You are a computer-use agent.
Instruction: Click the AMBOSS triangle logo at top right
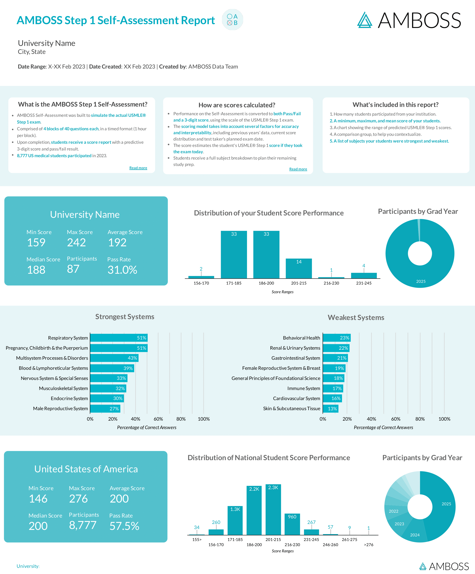click(365, 20)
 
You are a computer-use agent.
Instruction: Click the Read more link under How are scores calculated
click(298, 169)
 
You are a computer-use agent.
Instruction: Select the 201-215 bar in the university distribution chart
click(299, 268)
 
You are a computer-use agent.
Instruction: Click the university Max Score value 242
click(77, 243)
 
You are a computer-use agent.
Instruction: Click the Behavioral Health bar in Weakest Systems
click(336, 338)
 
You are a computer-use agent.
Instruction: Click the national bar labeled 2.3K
click(273, 510)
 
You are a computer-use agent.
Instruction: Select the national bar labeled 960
click(292, 524)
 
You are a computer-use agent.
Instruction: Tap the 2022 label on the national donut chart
click(393, 511)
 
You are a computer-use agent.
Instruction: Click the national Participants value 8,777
click(82, 525)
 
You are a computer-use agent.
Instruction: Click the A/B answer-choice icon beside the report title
click(232, 20)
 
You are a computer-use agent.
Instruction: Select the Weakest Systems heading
click(356, 317)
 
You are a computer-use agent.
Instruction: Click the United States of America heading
click(86, 469)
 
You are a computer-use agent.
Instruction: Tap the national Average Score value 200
click(119, 499)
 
